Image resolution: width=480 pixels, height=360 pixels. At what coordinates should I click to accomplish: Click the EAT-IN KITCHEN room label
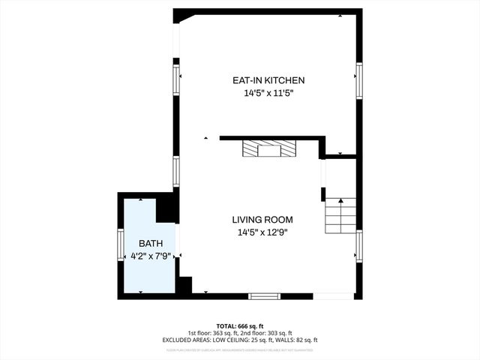click(268, 80)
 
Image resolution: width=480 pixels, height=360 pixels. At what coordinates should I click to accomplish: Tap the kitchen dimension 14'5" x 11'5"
click(268, 94)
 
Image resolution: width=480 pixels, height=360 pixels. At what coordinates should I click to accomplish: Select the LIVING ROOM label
click(262, 220)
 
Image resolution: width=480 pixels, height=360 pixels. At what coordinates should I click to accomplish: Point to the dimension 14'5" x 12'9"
click(262, 232)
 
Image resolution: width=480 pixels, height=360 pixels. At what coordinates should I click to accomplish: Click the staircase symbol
click(340, 215)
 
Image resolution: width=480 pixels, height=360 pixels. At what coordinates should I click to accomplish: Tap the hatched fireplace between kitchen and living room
click(268, 150)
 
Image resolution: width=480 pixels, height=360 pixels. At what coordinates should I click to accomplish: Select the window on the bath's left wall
click(120, 245)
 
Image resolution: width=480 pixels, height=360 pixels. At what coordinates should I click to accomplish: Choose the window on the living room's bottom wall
click(264, 296)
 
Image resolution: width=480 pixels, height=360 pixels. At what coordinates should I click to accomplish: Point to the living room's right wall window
click(359, 248)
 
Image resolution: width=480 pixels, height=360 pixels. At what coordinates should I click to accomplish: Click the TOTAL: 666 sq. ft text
click(240, 326)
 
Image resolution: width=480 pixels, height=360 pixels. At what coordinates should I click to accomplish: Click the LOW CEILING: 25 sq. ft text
click(252, 340)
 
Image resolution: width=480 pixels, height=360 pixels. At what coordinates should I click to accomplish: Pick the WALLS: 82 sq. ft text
click(298, 340)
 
